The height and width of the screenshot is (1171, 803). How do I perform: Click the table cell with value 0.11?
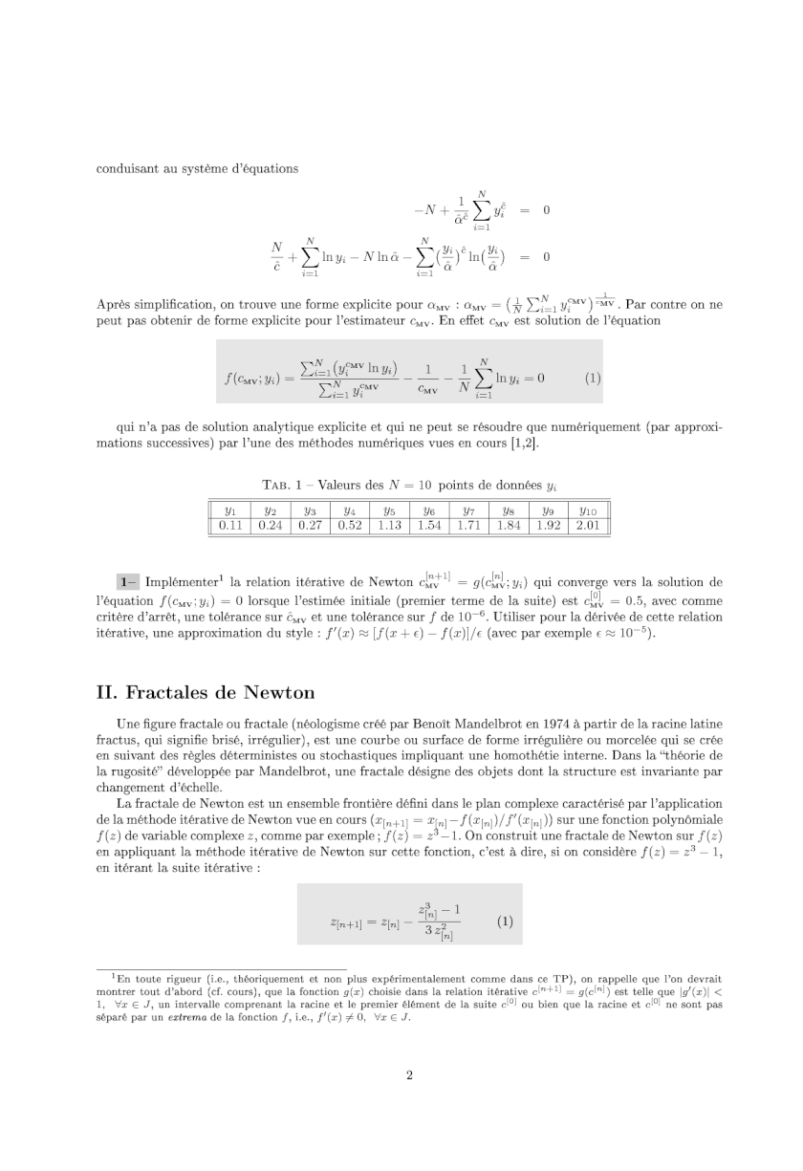pos(229,525)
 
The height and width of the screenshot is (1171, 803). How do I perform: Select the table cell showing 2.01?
pos(588,525)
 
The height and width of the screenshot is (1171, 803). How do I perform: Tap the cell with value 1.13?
pos(389,525)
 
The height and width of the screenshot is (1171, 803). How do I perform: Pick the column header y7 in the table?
pos(468,510)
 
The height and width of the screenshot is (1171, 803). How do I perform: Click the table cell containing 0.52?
pos(349,525)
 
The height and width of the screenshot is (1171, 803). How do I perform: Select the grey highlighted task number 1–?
pos(128,581)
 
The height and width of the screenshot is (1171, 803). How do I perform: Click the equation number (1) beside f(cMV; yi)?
pos(592,377)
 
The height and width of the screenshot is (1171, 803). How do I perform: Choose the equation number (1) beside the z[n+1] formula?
pos(505,922)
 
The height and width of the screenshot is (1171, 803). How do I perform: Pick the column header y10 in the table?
pos(588,510)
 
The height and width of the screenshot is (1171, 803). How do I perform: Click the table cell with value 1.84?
pos(509,525)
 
